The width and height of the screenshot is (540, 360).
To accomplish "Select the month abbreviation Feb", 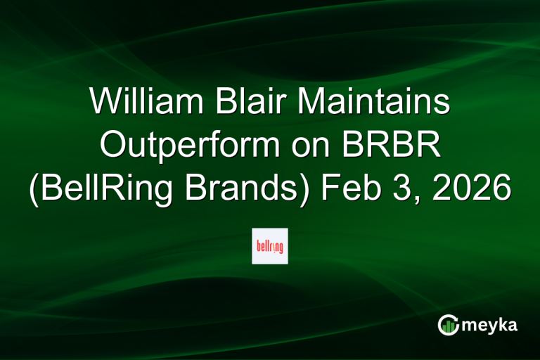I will pyautogui.click(x=345, y=188).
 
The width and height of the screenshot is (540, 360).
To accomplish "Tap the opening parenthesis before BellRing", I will pyautogui.click(x=34, y=188).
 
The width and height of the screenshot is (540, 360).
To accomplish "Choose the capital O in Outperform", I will pyautogui.click(x=115, y=146).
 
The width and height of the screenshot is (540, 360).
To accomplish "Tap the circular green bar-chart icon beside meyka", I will pyautogui.click(x=448, y=325).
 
